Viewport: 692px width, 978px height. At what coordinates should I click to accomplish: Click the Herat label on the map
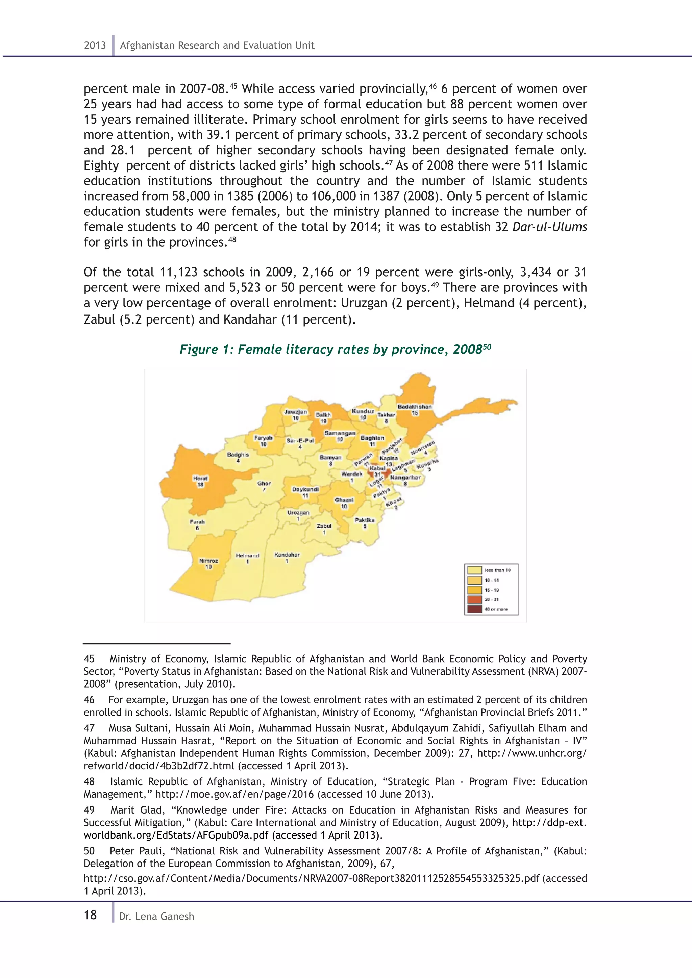click(200, 478)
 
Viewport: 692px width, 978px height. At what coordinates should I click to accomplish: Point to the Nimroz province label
click(208, 561)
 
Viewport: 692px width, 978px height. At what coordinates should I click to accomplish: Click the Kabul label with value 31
click(377, 468)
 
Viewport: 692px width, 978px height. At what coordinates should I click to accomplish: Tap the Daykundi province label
click(305, 489)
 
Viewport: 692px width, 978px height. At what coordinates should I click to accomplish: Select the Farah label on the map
click(197, 522)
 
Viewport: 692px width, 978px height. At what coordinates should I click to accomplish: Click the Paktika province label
click(364, 520)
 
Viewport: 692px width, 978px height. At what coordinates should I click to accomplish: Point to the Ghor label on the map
click(264, 484)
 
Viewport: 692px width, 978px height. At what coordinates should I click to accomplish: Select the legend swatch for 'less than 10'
click(475, 570)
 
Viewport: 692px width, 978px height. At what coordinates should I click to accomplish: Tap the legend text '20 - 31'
click(491, 599)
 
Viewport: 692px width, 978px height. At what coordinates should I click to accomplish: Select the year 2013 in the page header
click(95, 45)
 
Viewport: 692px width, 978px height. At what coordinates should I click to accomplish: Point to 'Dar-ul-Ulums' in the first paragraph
click(549, 227)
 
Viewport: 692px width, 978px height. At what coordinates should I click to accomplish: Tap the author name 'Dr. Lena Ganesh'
click(156, 917)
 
